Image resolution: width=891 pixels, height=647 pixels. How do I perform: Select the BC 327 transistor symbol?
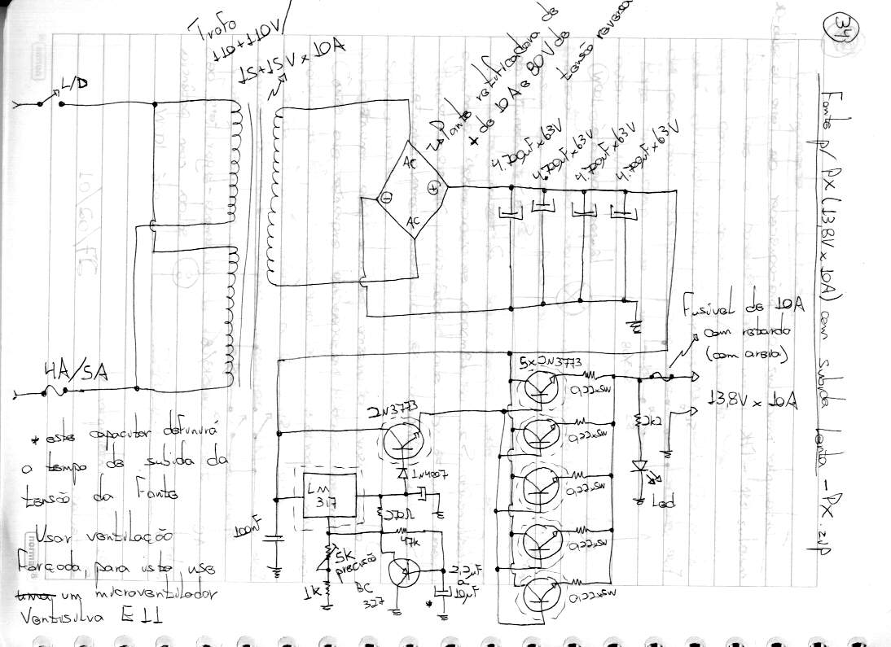click(404, 570)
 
